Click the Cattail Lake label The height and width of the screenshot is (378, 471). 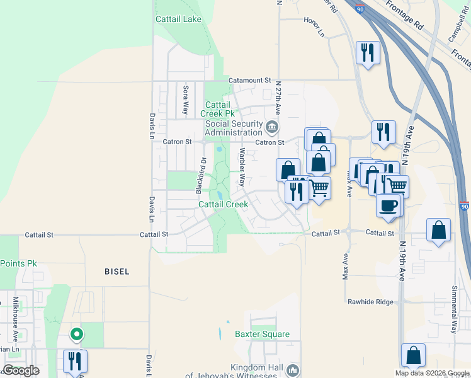[x=179, y=19]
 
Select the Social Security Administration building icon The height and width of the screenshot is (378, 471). [x=271, y=127]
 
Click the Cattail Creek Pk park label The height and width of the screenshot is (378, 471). [x=218, y=108]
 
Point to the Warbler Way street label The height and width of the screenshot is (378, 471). [x=241, y=167]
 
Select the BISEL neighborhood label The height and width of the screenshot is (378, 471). [x=116, y=272]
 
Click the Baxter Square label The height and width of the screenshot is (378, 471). [x=263, y=334]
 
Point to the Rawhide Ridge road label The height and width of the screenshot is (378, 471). [x=370, y=302]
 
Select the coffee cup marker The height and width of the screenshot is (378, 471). [x=388, y=205]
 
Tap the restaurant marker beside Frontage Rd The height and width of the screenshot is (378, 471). [x=367, y=52]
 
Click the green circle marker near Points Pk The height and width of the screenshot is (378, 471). [x=76, y=335]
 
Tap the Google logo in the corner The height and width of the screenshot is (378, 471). [x=21, y=370]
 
